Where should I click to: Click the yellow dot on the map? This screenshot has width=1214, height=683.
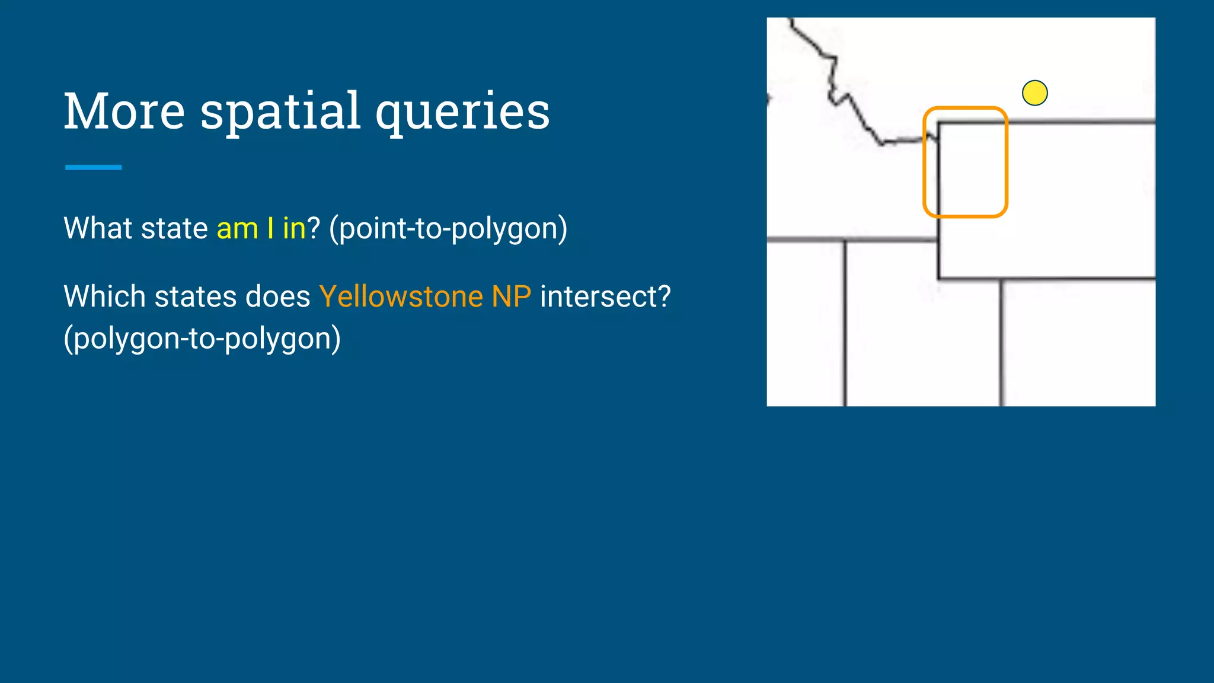tap(1034, 93)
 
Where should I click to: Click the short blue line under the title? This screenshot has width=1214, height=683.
tap(93, 167)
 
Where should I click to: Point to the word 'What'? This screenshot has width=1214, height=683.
tap(98, 228)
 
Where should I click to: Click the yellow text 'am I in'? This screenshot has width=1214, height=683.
tap(261, 228)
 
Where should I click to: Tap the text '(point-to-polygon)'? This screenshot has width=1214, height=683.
tap(448, 228)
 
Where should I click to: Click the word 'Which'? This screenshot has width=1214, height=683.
tap(104, 296)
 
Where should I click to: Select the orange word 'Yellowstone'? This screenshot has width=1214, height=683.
tap(401, 296)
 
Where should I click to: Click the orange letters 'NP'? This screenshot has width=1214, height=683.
tap(511, 296)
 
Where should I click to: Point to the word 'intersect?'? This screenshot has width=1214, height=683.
tap(605, 296)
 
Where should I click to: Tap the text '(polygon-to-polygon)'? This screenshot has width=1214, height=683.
tap(202, 339)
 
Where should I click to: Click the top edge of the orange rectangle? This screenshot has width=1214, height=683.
tap(965, 108)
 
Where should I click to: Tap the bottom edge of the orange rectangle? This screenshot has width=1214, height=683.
tap(965, 216)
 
